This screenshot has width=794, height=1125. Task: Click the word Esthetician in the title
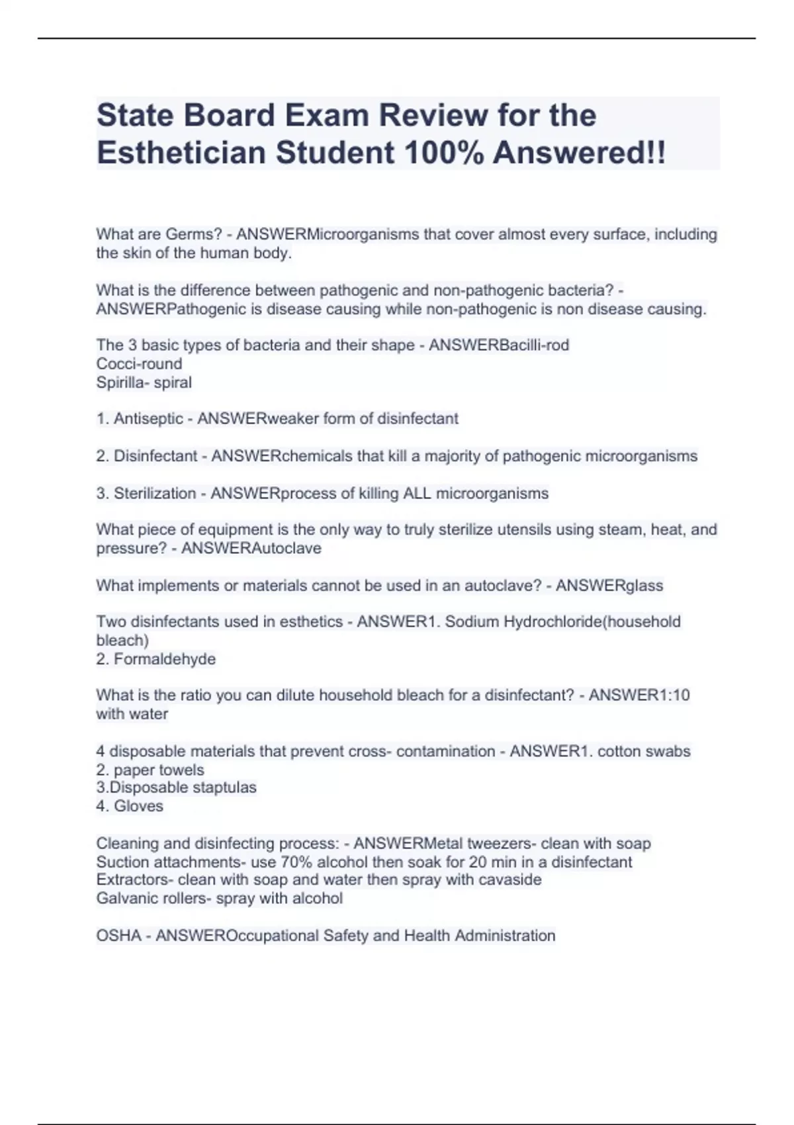(181, 153)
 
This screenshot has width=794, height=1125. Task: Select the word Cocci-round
(139, 364)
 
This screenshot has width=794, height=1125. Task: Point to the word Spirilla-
(123, 382)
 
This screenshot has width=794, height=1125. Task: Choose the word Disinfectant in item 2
(155, 456)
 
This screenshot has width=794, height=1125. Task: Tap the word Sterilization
(155, 493)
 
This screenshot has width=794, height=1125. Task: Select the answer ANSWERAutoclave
(251, 548)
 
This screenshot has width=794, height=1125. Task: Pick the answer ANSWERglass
(609, 586)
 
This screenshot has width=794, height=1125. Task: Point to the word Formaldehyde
(165, 659)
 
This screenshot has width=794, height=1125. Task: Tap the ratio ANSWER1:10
(639, 696)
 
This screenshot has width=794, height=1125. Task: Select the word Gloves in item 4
(138, 806)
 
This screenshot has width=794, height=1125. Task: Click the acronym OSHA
(119, 936)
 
